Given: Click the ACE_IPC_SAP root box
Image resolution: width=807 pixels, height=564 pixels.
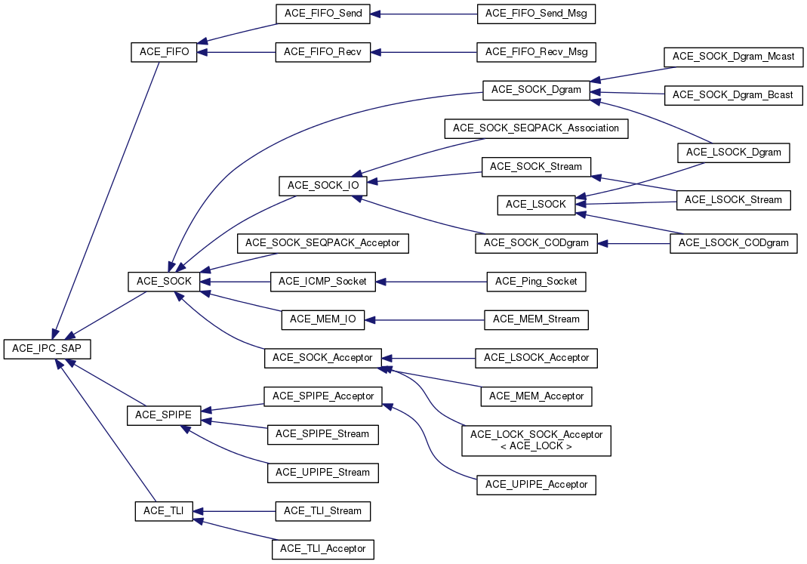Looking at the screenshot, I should pos(48,349).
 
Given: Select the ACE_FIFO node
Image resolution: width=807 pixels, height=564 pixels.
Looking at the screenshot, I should pos(164,52).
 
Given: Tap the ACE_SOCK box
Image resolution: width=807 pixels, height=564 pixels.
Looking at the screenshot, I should pos(164,282).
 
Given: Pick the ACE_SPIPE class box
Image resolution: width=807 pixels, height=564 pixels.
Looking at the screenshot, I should pos(164,415).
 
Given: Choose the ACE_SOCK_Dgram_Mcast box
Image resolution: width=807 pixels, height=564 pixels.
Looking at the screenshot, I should pos(733,57).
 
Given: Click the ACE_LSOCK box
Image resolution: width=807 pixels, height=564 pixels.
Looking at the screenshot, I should pos(535,205).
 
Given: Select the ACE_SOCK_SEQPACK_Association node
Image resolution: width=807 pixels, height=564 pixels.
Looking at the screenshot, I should pos(536,128).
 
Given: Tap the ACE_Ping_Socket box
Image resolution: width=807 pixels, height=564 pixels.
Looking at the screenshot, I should pos(536,282).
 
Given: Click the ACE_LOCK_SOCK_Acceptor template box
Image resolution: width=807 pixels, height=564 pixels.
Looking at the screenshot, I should pos(536,440).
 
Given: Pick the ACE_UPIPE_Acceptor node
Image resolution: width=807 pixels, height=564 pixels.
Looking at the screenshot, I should pos(536,484).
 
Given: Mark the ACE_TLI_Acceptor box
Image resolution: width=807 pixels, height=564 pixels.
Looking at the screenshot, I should pos(323,549).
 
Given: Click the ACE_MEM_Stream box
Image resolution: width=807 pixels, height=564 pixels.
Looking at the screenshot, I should pos(536,319).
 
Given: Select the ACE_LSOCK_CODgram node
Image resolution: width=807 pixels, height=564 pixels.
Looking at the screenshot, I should pos(733,243).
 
